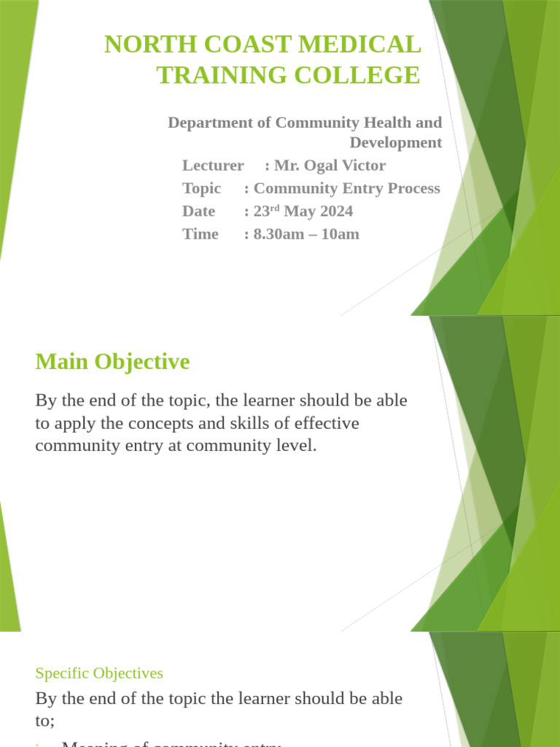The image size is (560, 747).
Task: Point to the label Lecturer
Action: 213,166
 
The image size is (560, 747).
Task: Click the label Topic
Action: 201,188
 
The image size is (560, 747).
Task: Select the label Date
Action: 198,211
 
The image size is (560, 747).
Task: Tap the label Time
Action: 200,233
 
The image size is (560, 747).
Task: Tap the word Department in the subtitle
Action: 209,123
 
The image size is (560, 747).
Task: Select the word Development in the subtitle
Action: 395,142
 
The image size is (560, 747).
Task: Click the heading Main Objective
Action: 112,362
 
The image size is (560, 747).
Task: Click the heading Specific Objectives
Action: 99,673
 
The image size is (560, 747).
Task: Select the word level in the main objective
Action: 296,446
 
